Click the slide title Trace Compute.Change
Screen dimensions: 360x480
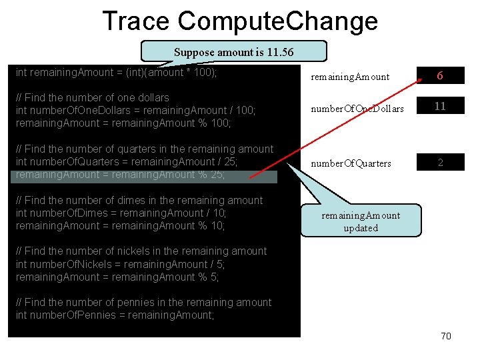click(240, 21)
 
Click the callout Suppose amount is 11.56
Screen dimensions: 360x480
click(233, 52)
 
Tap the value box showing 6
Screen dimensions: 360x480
click(440, 76)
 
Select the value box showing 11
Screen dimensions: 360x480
click(440, 106)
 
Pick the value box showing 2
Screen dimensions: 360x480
click(440, 162)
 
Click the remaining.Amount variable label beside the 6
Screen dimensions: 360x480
click(351, 77)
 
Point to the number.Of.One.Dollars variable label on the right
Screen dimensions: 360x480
click(357, 109)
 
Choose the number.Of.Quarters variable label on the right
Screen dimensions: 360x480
click(351, 163)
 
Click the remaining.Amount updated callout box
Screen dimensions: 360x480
click(361, 221)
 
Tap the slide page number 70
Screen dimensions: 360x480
click(446, 336)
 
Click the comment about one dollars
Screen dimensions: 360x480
click(93, 97)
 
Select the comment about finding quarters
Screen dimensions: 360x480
click(144, 149)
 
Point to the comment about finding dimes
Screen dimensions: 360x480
click(139, 200)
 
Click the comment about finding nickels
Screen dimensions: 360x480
click(141, 251)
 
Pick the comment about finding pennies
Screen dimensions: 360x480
click(143, 302)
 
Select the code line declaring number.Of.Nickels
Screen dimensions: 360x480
click(120, 264)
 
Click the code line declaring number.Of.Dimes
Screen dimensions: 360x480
click(120, 213)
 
